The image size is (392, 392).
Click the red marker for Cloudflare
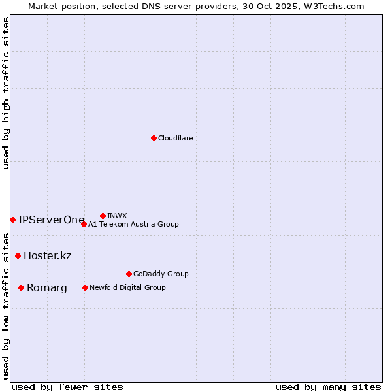point(154,138)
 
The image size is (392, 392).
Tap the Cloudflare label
point(175,138)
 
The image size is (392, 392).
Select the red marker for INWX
point(103,216)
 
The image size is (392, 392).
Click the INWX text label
point(117,216)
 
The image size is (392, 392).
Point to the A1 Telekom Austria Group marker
point(84,224)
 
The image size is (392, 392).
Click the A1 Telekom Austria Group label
point(133,224)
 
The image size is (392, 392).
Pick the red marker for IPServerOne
point(12,220)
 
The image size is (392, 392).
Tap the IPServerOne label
point(51,220)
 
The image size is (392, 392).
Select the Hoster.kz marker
point(18,255)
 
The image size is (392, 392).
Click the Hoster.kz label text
point(47,255)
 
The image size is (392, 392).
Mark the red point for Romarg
point(21,287)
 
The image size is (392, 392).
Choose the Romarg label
point(46,287)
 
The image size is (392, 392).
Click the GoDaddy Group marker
point(129,274)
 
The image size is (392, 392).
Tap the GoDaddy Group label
point(160,274)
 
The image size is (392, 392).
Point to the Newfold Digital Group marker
point(85,287)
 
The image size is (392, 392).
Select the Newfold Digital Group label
point(127,287)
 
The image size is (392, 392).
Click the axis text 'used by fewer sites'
point(67,387)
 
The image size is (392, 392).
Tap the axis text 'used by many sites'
point(328,387)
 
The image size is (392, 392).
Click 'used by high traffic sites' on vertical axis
point(6,93)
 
